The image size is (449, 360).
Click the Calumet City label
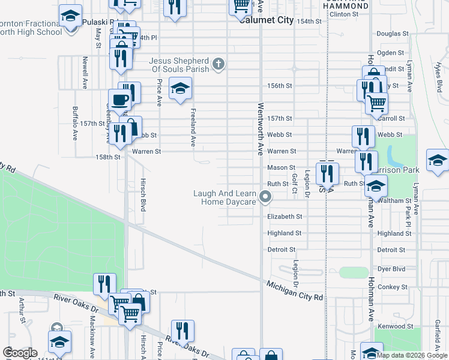(266, 20)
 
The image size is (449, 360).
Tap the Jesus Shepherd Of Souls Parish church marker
(218, 63)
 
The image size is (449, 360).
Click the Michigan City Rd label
(295, 291)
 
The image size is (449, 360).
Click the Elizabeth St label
(285, 216)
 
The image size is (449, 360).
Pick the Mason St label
(281, 168)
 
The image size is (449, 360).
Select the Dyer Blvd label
(391, 269)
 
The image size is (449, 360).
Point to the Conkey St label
(393, 287)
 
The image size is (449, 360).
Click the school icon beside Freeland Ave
(179, 89)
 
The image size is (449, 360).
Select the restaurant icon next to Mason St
(327, 173)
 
